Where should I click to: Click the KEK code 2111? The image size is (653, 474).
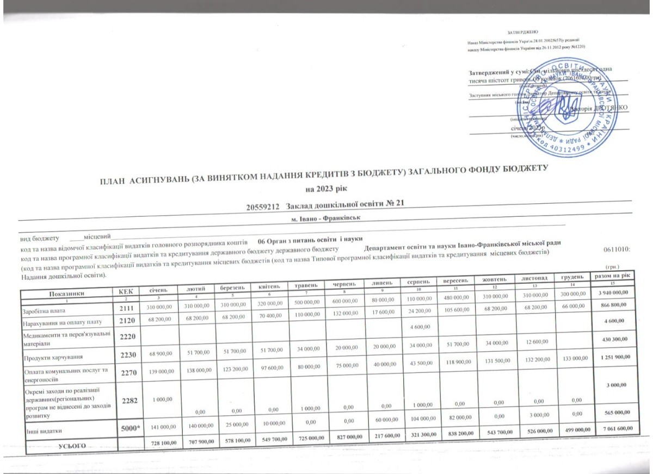coord(126,309)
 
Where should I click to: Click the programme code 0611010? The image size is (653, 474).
coord(618,248)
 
